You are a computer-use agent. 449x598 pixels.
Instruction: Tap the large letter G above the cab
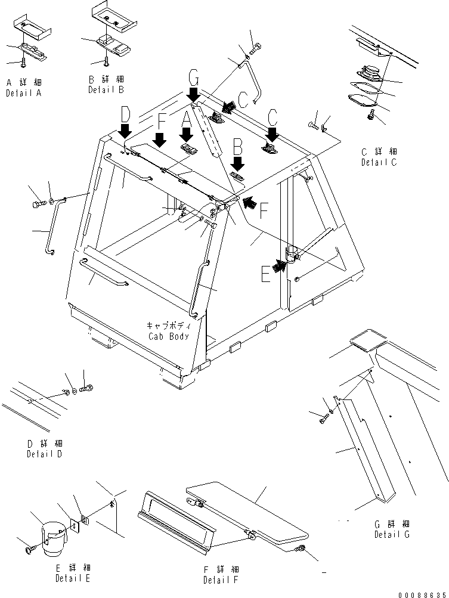[x=193, y=78]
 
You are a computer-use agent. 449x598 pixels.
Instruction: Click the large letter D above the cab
[x=125, y=113]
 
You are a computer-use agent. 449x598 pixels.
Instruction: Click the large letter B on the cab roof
[x=237, y=145]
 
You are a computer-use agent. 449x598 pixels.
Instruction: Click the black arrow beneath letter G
[x=193, y=94]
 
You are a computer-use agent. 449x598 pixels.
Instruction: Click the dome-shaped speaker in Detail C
[x=369, y=73]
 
